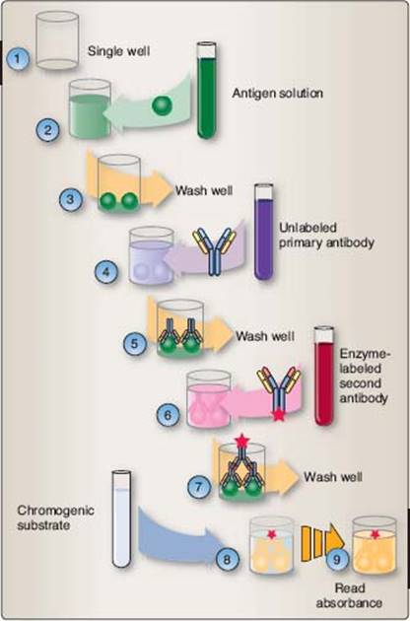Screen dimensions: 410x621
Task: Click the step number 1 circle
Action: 18,59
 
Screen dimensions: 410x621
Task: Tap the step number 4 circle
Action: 106,272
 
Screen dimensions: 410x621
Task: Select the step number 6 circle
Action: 168,415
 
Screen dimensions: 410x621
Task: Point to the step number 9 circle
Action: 337,559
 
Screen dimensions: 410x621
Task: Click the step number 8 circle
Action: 228,559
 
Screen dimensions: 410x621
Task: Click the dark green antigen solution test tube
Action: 206,91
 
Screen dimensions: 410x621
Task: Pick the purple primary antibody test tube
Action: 263,232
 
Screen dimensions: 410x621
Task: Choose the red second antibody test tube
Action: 324,376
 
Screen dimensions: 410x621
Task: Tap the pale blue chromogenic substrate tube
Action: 121,518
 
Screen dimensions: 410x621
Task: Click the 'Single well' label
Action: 119,51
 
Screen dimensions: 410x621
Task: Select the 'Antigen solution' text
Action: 277,93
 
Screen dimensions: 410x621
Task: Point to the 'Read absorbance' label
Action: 349,595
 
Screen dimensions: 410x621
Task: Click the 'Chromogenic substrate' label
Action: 55,517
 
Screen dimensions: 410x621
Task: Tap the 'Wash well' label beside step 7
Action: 333,476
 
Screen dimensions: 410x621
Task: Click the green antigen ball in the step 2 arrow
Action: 162,105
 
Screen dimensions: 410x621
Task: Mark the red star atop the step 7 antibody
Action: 241,442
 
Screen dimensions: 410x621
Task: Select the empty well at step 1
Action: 57,40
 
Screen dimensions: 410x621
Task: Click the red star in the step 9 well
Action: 375,535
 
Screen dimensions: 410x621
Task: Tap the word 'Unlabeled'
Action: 307,228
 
